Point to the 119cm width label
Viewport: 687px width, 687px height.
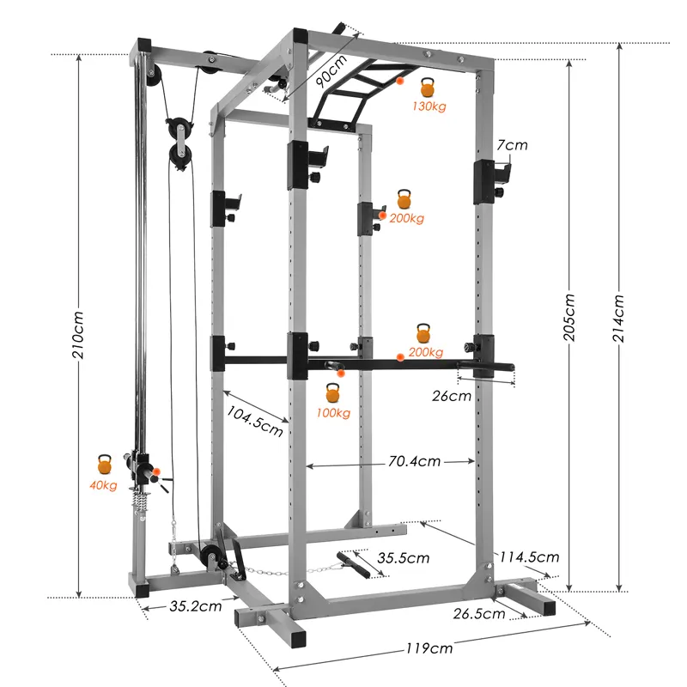(429, 648)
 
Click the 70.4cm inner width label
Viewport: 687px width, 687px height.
(414, 461)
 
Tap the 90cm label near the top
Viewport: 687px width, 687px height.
(329, 71)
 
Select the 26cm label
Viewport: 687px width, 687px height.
(452, 396)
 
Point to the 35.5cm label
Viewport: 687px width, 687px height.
(404, 558)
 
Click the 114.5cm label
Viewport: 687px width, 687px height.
(530, 557)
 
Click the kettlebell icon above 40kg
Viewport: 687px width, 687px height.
(105, 465)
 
